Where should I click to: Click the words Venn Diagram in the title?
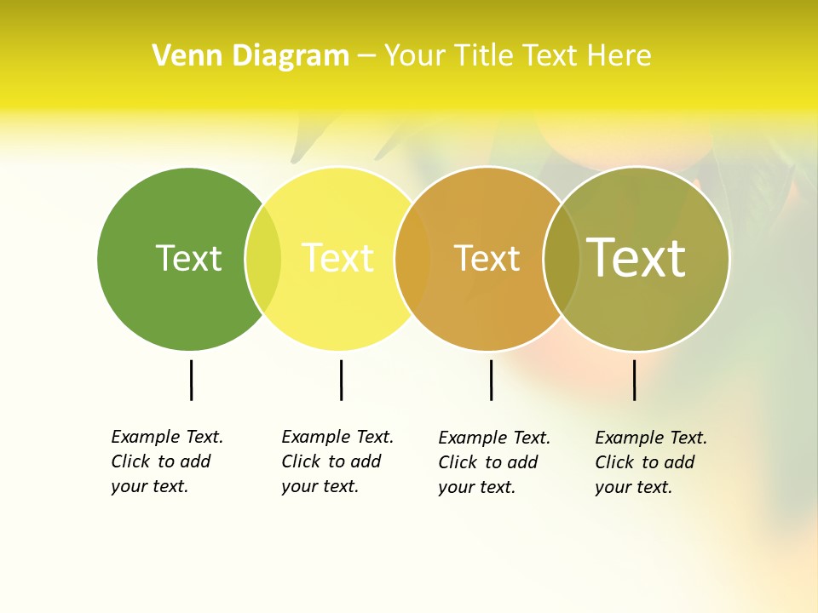pos(251,56)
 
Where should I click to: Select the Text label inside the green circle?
pos(188,258)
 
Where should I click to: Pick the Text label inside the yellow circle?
pos(337,258)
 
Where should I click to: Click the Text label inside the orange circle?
pos(487,259)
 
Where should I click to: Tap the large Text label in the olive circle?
pos(636,257)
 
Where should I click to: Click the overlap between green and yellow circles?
pos(263,259)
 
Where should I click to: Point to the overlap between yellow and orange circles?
pos(412,259)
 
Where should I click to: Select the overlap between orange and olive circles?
pos(561,259)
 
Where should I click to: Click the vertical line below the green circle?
pos(191,380)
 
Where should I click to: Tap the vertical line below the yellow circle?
pos(341,380)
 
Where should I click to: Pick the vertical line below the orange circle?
pos(491,380)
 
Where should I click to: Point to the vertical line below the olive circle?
pos(634,380)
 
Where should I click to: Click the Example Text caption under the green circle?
pos(166,461)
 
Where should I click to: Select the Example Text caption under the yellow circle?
pos(337,461)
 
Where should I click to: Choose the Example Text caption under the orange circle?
pos(493,462)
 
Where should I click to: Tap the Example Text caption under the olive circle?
pos(650,462)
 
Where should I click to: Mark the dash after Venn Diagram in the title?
pos(366,57)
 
